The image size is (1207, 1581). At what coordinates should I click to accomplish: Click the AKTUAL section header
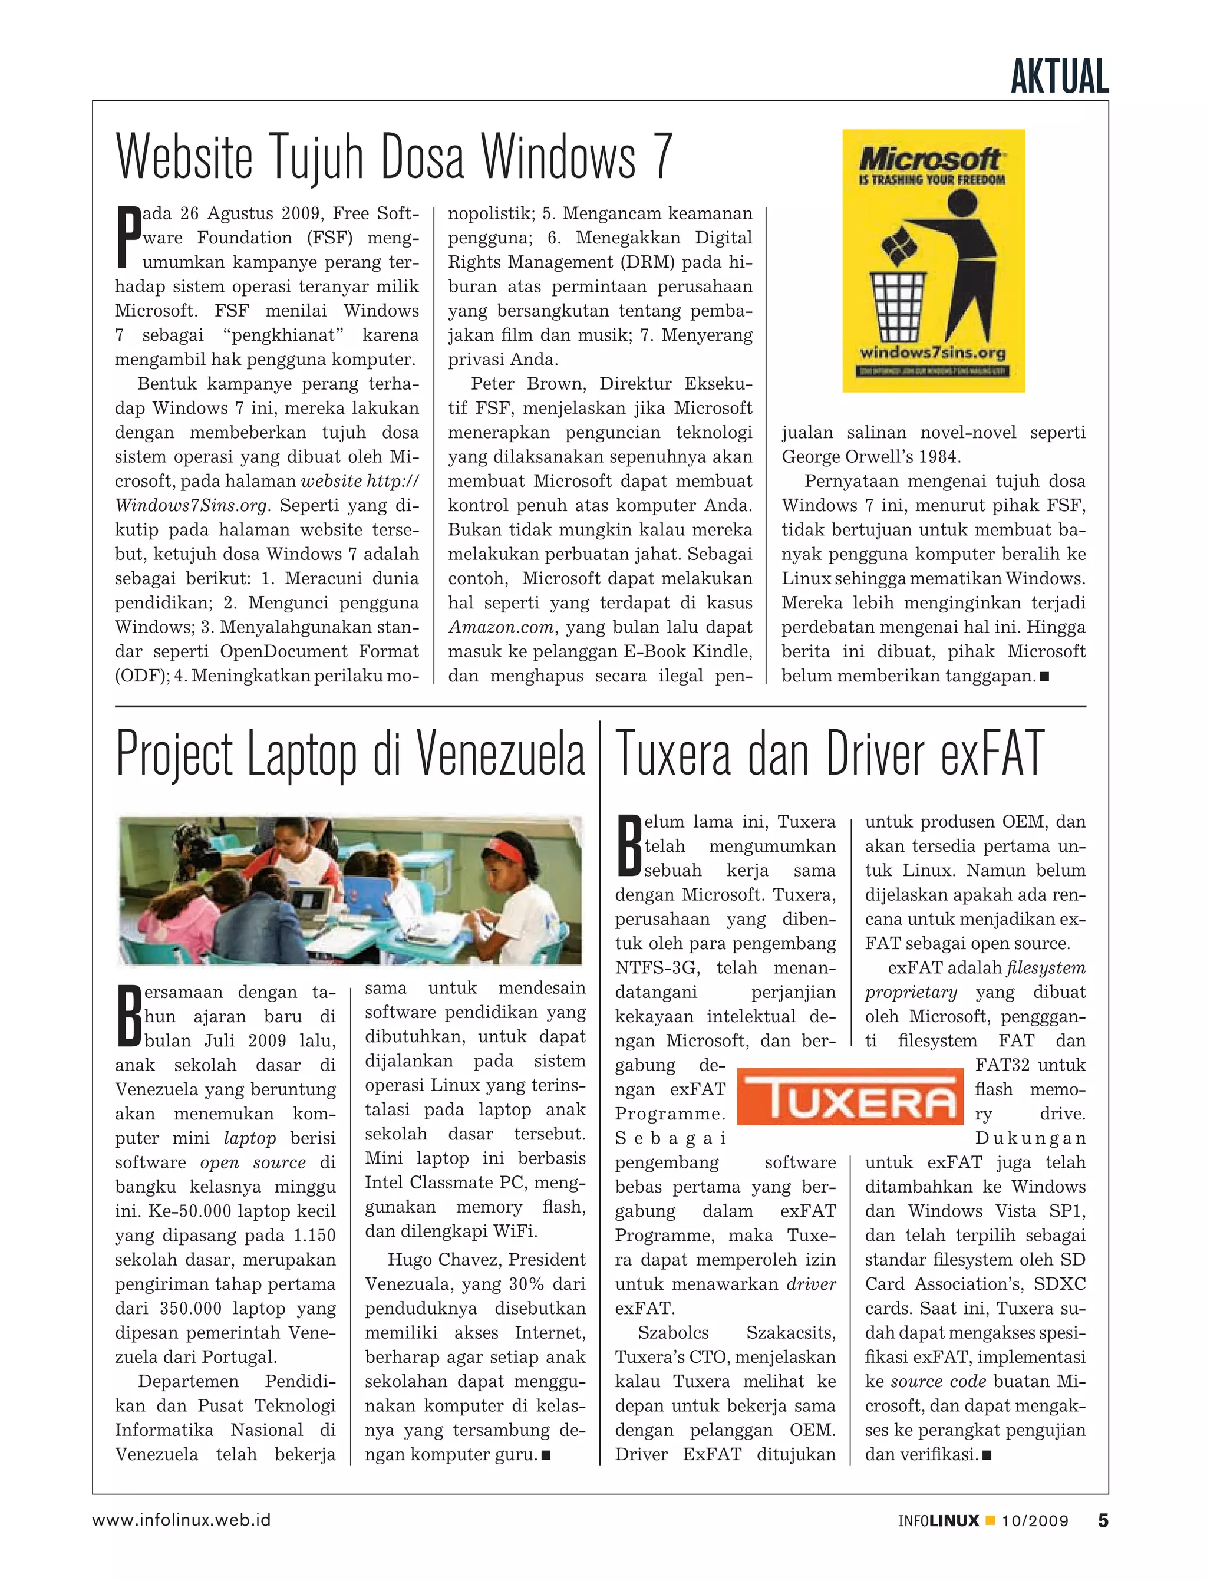pos(1059,78)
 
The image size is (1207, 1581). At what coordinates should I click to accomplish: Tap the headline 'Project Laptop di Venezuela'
pos(350,754)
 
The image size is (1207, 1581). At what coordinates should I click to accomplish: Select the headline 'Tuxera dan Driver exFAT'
pos(829,754)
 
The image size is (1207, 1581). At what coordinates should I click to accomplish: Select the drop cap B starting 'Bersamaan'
pos(127,1017)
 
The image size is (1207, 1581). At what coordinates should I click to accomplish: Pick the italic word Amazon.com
pos(502,627)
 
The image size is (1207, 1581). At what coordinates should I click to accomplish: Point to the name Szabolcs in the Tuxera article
pos(672,1333)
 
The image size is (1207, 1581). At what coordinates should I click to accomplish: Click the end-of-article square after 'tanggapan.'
pos(1044,676)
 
